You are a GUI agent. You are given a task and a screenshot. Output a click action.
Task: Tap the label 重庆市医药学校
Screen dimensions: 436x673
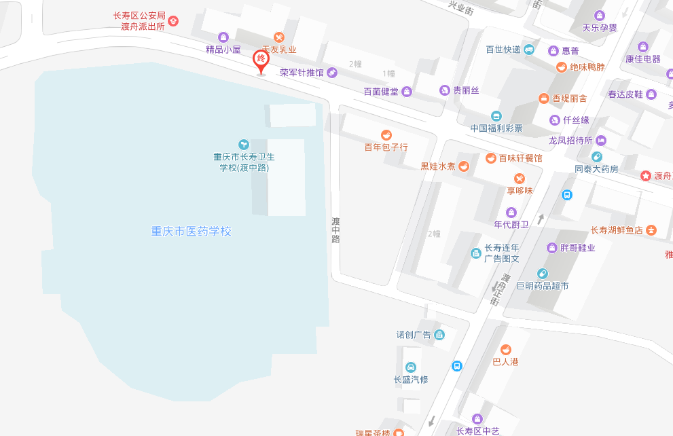tap(191, 232)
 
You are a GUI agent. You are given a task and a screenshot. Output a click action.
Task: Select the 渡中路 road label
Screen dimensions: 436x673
tap(335, 230)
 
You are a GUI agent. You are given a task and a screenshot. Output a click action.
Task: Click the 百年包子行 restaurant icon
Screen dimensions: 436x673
tap(386, 134)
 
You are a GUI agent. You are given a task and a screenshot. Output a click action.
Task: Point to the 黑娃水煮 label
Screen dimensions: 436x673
tap(438, 166)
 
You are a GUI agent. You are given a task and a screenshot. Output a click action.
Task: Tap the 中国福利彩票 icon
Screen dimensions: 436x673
tap(496, 115)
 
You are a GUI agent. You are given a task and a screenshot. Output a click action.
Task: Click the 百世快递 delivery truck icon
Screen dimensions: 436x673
tap(530, 50)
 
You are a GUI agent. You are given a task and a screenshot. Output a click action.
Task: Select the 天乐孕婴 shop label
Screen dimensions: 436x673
tap(600, 28)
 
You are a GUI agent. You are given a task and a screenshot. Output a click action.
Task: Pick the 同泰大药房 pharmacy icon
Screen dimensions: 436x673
tap(597, 157)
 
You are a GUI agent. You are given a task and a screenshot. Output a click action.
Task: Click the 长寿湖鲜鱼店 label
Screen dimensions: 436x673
tap(617, 230)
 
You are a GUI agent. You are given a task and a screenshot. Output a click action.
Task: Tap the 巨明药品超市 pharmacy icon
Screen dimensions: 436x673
tap(542, 274)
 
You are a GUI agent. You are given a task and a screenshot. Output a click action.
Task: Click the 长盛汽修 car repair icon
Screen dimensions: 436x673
tap(410, 367)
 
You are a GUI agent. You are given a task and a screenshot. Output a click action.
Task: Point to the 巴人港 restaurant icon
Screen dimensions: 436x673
tap(505, 349)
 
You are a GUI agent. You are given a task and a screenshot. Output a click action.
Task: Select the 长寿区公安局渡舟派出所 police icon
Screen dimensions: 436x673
tap(173, 21)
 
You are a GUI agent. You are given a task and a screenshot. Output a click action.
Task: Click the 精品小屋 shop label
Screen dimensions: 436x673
tap(223, 50)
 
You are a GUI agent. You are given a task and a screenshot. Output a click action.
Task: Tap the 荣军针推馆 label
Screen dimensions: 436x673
tap(302, 72)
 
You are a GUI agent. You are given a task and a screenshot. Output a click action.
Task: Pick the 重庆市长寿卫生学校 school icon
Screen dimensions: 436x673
tap(244, 144)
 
